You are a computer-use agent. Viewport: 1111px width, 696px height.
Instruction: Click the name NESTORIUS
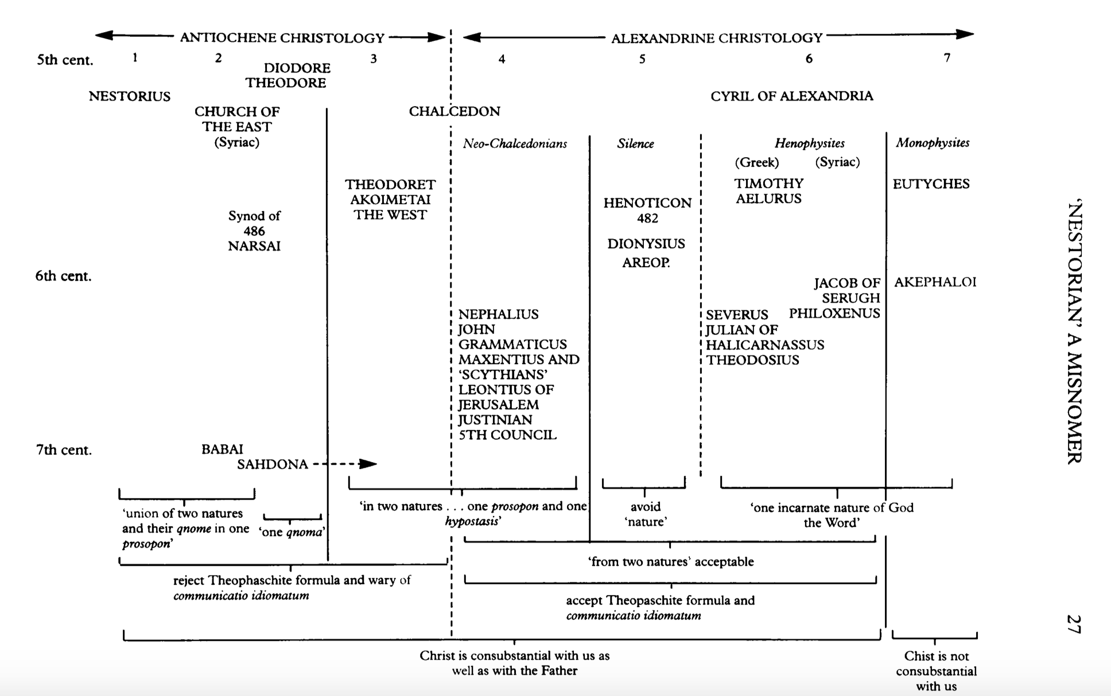130,96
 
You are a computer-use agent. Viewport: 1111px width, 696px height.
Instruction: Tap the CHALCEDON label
454,111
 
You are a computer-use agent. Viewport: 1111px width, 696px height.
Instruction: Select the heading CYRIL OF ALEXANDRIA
791,96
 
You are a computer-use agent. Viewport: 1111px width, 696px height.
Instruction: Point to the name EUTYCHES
931,184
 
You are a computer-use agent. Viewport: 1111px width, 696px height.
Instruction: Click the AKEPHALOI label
935,282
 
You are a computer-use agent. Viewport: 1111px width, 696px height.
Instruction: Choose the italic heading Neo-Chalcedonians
515,144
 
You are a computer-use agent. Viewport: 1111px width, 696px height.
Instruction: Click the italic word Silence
635,144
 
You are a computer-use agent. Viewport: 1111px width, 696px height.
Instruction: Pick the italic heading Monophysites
933,143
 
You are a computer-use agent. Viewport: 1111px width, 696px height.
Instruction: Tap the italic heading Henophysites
809,143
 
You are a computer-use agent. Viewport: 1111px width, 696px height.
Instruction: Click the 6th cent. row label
63,276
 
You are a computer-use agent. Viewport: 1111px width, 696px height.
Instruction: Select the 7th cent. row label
64,450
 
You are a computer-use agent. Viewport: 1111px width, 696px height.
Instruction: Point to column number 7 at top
947,57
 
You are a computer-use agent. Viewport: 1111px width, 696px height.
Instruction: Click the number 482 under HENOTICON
647,218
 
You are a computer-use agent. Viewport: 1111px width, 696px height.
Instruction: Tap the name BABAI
222,449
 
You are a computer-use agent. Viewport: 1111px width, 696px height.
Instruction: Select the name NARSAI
254,247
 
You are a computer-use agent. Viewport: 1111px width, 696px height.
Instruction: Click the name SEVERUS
737,315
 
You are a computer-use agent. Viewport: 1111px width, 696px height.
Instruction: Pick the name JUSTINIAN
495,420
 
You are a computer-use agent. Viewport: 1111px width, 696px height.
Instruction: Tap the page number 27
1073,624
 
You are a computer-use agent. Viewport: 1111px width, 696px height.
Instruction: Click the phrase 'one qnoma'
292,532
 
